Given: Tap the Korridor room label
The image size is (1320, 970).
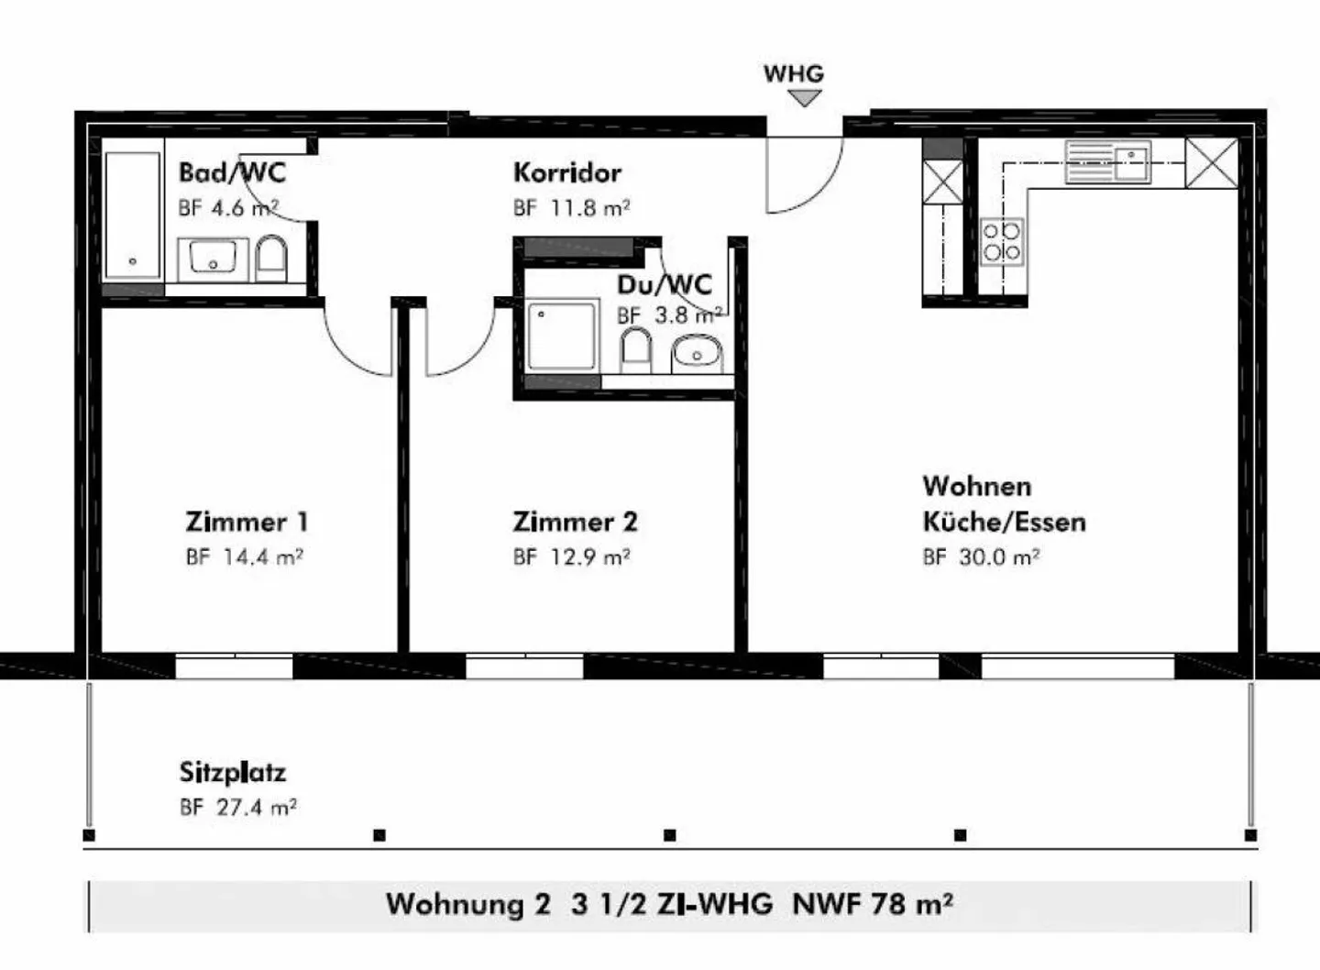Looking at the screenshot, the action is [x=566, y=172].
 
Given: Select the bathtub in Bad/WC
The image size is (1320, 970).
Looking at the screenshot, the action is [x=133, y=215].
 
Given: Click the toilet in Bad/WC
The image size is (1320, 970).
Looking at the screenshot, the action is [x=271, y=259].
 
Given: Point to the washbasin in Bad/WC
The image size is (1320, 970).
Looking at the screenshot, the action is [x=213, y=259].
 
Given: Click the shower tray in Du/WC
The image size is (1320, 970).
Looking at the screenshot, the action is [x=561, y=336].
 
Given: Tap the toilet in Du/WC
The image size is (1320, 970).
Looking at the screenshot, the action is [x=636, y=350].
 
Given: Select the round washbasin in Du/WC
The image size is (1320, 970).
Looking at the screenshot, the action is [x=697, y=354].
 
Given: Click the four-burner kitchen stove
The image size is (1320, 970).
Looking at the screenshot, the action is [x=1002, y=242].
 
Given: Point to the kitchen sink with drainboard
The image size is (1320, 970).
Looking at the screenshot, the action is [x=1108, y=161].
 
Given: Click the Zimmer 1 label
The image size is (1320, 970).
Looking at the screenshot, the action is [x=247, y=522].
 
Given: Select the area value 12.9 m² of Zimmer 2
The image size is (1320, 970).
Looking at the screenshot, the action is [x=590, y=557].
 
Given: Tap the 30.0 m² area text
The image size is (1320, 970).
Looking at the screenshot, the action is [x=999, y=557].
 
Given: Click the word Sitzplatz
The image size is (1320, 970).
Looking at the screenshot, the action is [x=233, y=772].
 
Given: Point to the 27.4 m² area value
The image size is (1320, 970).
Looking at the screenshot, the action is [x=257, y=807].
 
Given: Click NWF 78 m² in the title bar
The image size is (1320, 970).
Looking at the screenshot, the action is [x=873, y=903].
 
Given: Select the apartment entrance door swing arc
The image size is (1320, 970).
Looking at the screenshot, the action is [x=821, y=191].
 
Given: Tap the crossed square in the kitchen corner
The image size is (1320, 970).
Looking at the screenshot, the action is [x=1211, y=162].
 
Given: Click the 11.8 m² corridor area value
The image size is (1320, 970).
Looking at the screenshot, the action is [x=590, y=207].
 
